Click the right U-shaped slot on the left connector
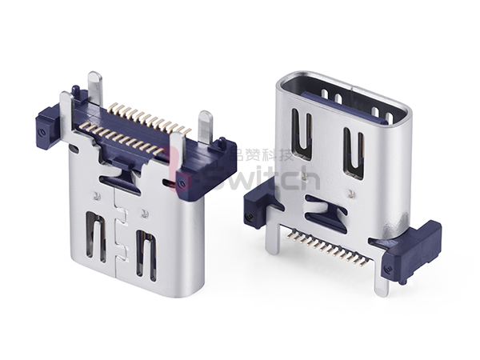tap(146, 254)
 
